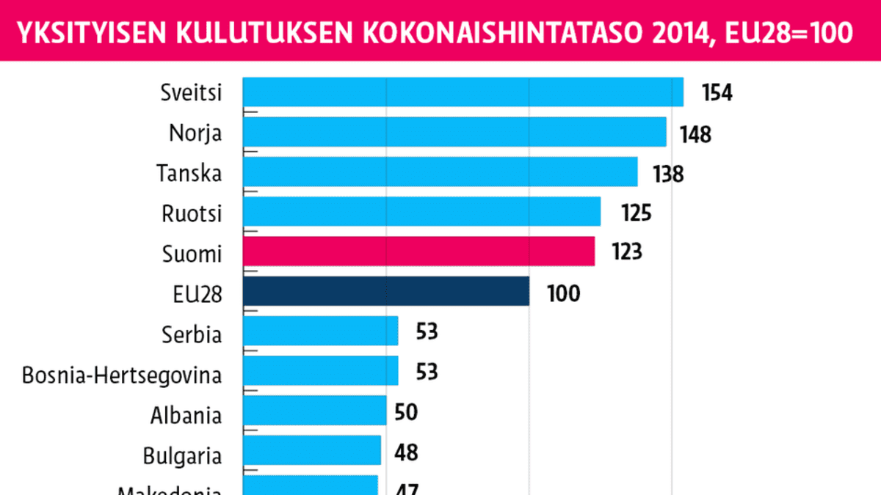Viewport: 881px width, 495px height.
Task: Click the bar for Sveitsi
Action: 463,92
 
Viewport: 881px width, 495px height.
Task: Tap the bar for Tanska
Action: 440,172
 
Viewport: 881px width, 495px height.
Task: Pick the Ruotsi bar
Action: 421,211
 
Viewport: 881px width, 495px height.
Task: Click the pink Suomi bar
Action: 418,252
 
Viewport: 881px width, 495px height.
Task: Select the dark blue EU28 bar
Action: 385,291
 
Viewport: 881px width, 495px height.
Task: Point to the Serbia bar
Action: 320,331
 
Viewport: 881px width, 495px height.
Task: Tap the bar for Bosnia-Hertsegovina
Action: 320,370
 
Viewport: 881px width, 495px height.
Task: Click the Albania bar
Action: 314,411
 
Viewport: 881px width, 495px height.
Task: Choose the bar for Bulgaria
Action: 311,450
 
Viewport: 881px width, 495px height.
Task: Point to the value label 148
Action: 695,134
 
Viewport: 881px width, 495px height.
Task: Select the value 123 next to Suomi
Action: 626,252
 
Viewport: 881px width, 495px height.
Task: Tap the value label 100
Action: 563,293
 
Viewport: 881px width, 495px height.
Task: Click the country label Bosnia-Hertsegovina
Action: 122,375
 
